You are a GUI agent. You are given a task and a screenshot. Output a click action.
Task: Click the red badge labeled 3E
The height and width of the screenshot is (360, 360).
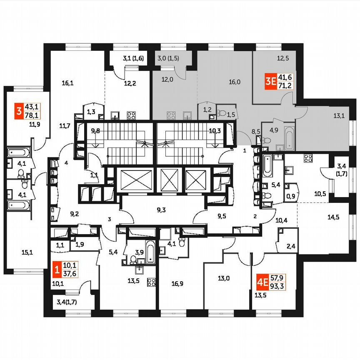coord(271,82)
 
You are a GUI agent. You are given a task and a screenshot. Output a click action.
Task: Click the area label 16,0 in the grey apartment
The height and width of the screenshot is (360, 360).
coord(235,82)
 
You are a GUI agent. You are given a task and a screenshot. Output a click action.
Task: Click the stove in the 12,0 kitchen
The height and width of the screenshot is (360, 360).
coord(171,115)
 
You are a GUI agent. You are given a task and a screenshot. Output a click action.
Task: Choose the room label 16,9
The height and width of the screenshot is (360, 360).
coord(177,284)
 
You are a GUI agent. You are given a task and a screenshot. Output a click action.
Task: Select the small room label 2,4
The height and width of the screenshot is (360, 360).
coord(291,246)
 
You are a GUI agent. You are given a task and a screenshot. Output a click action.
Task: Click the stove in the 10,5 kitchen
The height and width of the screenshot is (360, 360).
coord(308,158)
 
